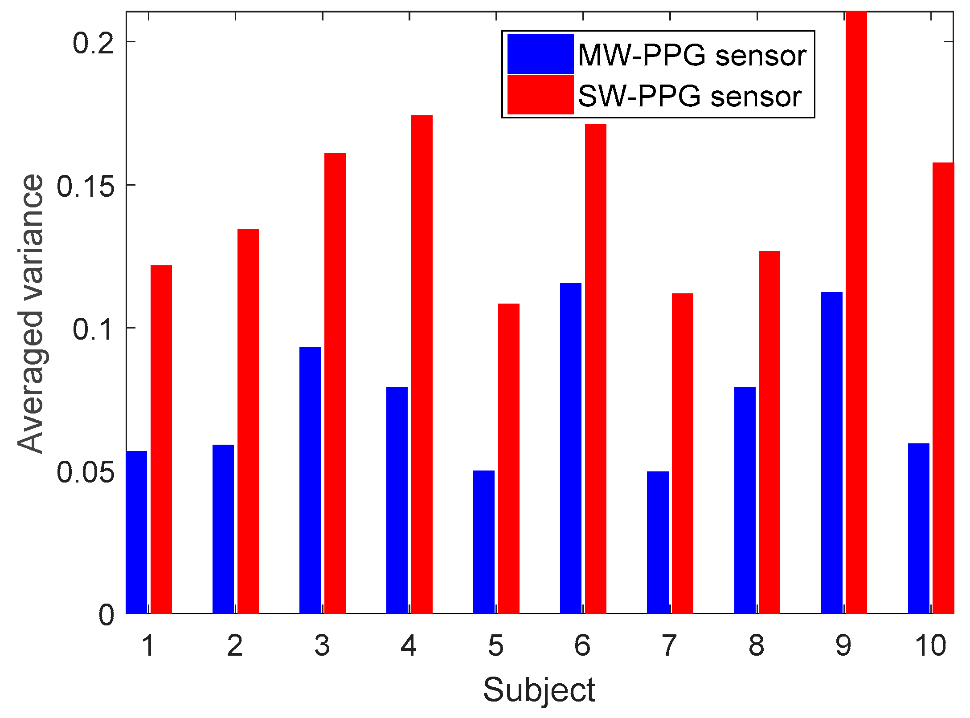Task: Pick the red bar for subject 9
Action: click(x=856, y=312)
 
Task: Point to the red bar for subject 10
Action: click(x=943, y=388)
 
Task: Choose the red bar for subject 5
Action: click(x=508, y=458)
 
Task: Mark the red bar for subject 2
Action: click(x=248, y=421)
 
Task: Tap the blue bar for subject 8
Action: click(x=745, y=500)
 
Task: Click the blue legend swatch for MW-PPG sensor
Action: click(x=540, y=54)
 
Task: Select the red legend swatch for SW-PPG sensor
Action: click(x=540, y=94)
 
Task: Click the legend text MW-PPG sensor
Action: click(x=692, y=56)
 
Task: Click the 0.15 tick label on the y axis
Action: click(x=85, y=185)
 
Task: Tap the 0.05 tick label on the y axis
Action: click(x=85, y=472)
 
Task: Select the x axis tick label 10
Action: click(x=930, y=645)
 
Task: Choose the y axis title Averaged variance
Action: click(x=30, y=314)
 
